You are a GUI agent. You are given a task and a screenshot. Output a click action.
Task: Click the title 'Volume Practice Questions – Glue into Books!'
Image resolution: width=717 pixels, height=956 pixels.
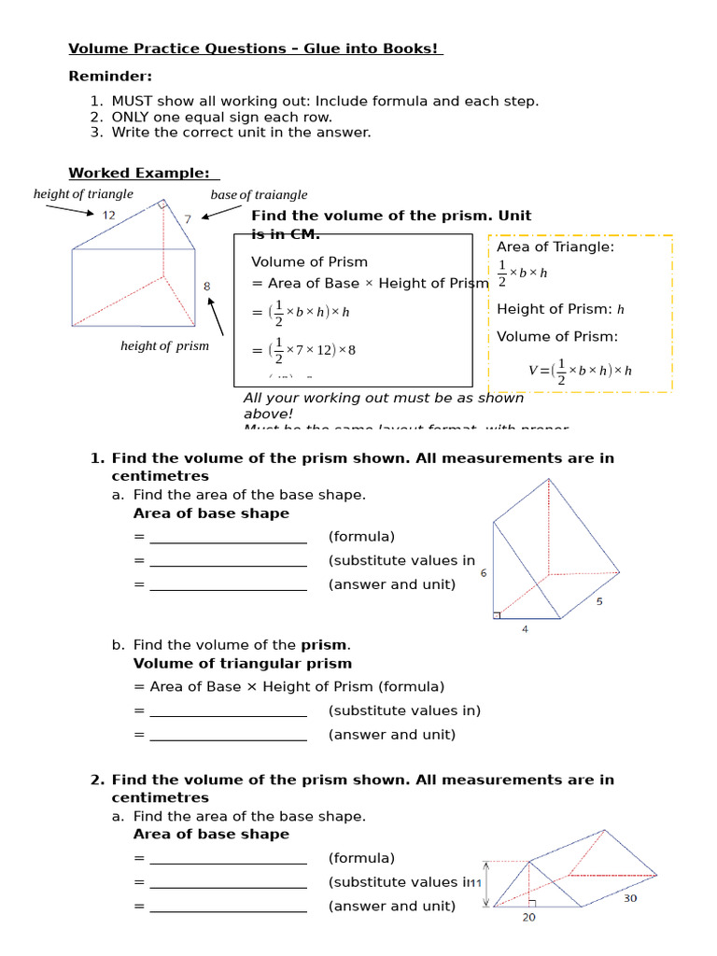(255, 49)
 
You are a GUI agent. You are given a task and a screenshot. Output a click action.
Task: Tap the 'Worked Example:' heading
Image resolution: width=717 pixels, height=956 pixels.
(143, 173)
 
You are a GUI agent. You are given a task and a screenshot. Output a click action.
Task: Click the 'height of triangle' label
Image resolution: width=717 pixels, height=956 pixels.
(83, 194)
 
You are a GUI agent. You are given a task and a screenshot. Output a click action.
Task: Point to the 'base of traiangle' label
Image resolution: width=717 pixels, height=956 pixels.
(259, 195)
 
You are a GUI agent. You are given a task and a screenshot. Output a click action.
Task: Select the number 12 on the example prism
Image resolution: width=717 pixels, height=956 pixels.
(109, 216)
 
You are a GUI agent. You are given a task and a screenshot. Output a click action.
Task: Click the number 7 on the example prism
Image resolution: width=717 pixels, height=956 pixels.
(187, 219)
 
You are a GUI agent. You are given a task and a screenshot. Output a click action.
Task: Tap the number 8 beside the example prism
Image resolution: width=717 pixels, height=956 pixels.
(207, 287)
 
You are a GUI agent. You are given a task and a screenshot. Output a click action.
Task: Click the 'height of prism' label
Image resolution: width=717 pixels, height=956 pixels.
(164, 346)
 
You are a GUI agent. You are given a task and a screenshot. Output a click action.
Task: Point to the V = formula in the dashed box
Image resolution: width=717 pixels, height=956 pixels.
(580, 370)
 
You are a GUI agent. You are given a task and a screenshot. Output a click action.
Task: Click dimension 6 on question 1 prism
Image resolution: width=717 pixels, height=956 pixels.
(484, 573)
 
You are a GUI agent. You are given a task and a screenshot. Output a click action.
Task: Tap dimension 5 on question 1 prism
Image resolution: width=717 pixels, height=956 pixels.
(599, 602)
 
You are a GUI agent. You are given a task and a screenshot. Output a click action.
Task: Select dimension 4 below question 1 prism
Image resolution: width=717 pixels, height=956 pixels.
(525, 630)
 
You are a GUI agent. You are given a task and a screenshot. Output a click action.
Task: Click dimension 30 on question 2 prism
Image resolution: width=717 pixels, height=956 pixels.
(631, 898)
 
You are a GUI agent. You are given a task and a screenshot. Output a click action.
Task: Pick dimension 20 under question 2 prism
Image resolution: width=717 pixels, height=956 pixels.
(529, 918)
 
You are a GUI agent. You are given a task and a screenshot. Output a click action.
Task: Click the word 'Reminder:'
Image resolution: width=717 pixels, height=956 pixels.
(110, 77)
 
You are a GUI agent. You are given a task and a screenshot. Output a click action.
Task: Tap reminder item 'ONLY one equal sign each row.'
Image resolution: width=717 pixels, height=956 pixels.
(221, 117)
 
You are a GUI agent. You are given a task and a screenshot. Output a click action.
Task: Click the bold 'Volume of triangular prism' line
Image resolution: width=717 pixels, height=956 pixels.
(243, 664)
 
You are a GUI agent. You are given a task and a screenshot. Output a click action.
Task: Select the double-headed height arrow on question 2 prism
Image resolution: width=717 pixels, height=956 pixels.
(486, 883)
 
